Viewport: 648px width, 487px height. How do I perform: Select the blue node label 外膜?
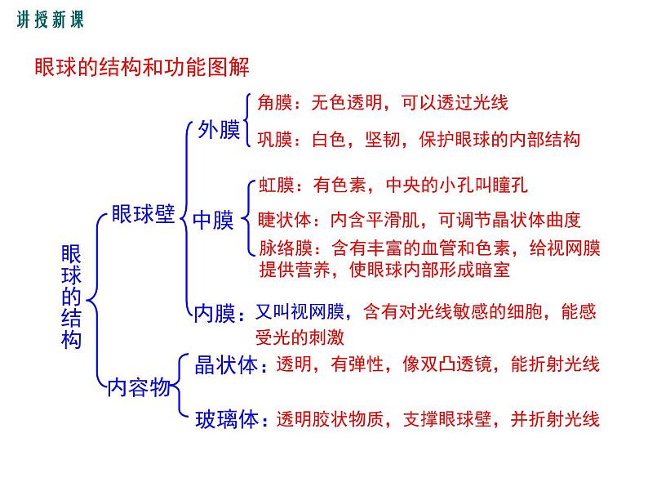coord(219,129)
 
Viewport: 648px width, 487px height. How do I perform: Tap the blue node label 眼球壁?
coord(143,214)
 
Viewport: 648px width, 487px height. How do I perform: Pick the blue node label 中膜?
coord(213,220)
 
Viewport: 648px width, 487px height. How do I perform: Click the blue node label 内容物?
coord(140,386)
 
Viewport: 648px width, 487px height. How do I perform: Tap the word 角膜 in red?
coord(273,103)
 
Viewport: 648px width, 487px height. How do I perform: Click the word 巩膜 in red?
coord(273,139)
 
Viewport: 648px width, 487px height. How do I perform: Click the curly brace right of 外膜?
coord(246,119)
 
